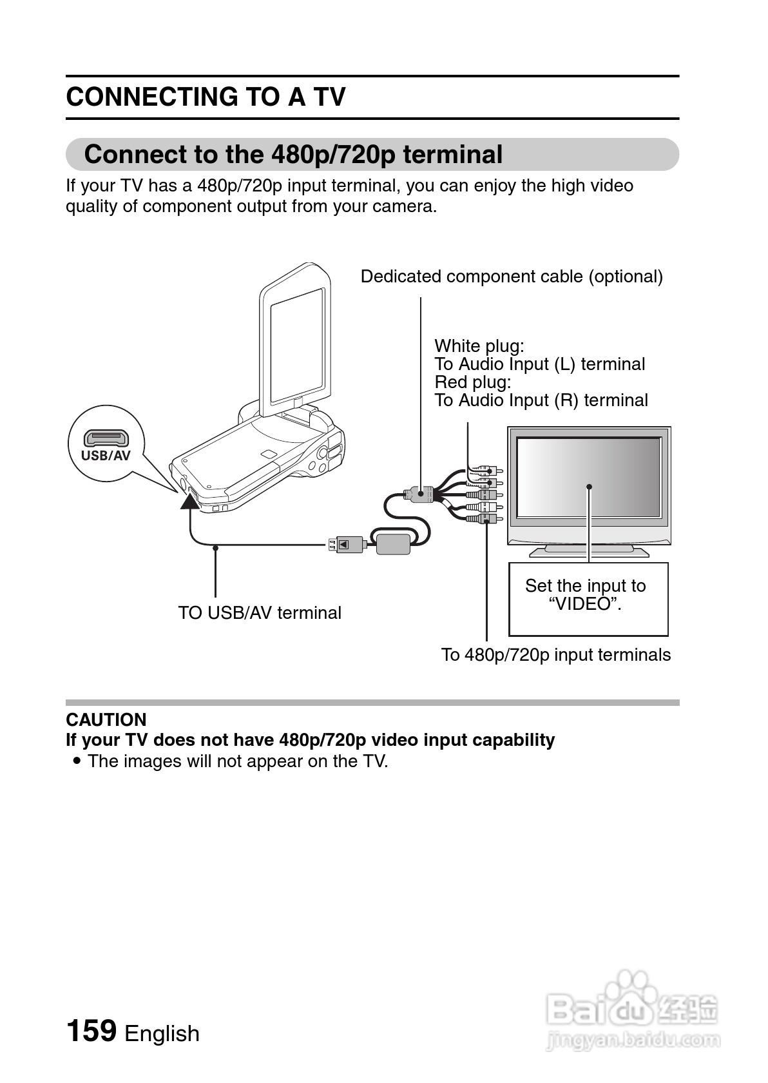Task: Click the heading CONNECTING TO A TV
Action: tap(206, 97)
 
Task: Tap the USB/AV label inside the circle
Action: tap(106, 456)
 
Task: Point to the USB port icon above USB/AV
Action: tap(106, 439)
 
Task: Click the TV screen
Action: tap(589, 478)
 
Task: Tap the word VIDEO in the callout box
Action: tap(585, 604)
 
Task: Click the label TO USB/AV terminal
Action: tap(260, 612)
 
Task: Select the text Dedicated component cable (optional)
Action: tap(512, 277)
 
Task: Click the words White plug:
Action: tap(479, 346)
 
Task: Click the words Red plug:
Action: tap(473, 382)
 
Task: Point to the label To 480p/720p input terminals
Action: tap(555, 655)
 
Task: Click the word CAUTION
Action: tap(106, 719)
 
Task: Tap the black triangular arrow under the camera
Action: tap(190, 500)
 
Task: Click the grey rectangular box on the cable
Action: tap(393, 543)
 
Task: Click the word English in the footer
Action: tap(162, 1033)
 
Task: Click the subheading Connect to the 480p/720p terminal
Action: tap(293, 155)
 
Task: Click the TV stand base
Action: tap(589, 551)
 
